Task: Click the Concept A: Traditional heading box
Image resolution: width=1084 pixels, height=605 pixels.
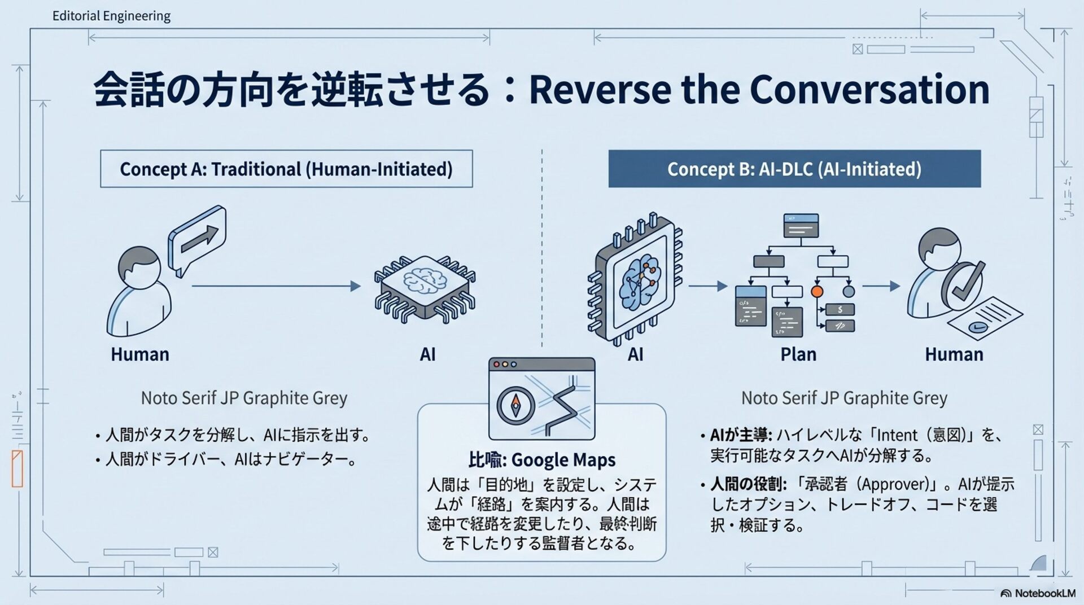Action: (286, 169)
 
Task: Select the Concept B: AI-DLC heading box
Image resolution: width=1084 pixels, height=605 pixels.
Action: (794, 169)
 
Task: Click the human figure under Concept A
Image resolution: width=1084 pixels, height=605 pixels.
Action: (139, 291)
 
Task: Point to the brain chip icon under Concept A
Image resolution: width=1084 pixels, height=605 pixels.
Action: (425, 288)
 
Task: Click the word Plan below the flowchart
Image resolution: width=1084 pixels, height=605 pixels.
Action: (798, 354)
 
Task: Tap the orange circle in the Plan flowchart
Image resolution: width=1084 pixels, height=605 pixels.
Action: (817, 291)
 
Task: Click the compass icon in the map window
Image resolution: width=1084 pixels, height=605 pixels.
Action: (515, 405)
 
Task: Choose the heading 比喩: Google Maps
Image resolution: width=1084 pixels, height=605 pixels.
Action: (541, 460)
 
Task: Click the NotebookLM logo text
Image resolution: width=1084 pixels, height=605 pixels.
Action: (1044, 593)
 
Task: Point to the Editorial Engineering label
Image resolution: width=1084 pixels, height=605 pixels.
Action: (111, 16)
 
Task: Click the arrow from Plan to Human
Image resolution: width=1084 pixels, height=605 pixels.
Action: (881, 286)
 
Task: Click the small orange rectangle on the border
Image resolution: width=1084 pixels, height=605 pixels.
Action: (18, 468)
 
